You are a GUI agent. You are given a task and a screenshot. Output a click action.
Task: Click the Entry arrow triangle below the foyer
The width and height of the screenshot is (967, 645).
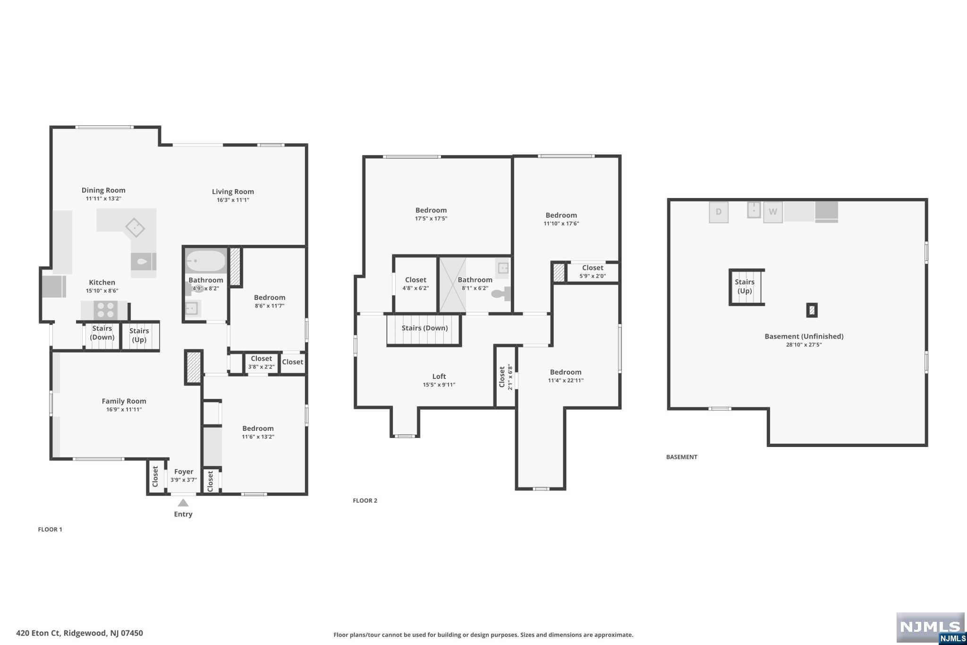click(183, 503)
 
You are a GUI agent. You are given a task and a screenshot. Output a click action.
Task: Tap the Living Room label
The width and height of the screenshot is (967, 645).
click(233, 191)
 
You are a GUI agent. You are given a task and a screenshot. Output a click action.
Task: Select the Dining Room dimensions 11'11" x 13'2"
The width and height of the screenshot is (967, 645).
click(103, 199)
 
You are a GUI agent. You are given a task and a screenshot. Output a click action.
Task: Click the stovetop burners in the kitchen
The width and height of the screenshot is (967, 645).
click(105, 310)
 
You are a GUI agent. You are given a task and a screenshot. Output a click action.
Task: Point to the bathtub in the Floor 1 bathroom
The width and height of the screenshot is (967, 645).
click(206, 260)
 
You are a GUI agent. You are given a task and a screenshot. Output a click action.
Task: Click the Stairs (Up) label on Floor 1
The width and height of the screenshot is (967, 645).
click(139, 335)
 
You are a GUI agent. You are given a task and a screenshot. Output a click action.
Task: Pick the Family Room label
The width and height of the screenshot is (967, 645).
click(124, 401)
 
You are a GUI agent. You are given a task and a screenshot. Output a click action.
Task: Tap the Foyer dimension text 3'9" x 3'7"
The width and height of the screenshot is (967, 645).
click(184, 480)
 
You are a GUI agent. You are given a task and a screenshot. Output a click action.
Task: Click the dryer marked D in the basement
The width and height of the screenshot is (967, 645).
click(718, 212)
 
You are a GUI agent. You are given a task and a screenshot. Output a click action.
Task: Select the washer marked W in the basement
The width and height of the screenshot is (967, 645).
click(772, 212)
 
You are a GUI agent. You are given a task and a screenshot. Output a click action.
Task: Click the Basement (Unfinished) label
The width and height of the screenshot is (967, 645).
click(804, 336)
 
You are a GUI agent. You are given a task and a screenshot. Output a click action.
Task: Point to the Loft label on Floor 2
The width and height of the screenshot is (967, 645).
click(439, 377)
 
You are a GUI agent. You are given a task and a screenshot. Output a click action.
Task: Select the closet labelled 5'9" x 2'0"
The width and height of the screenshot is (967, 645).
click(593, 272)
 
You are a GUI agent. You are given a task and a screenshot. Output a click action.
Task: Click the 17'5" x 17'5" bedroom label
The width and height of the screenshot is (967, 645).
click(431, 214)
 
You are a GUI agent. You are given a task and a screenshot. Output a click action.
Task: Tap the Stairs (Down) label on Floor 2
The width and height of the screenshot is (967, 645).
click(424, 328)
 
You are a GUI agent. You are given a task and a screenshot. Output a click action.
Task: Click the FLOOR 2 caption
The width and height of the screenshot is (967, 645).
click(365, 500)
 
